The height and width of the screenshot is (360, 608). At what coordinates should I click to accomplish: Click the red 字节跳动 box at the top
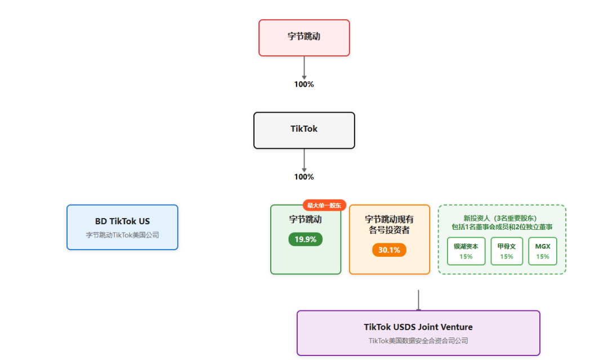click(304, 38)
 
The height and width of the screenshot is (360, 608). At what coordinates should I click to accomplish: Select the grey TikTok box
click(304, 130)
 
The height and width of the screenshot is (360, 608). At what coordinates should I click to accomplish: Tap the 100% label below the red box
click(304, 85)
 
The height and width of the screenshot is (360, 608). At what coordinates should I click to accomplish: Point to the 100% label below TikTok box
click(304, 177)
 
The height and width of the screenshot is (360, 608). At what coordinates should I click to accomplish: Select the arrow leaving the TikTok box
click(304, 160)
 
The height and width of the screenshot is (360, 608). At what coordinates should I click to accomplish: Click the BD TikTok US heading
click(122, 221)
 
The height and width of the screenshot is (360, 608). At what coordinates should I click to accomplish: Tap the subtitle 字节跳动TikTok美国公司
click(122, 235)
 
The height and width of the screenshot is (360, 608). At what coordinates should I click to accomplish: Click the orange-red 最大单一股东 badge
click(324, 205)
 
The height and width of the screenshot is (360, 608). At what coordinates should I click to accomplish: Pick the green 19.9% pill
click(306, 239)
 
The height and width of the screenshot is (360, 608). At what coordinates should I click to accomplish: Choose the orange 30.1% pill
click(389, 250)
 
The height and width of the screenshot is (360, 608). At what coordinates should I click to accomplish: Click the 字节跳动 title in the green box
click(306, 220)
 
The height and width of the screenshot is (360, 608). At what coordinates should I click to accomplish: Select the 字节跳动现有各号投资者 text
click(389, 225)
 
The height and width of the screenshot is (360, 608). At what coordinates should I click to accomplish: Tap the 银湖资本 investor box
click(466, 251)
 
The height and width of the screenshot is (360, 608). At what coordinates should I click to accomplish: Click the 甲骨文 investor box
click(507, 251)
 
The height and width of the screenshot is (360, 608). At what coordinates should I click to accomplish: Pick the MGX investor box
click(543, 251)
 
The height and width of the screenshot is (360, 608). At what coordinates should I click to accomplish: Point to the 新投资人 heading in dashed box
click(502, 222)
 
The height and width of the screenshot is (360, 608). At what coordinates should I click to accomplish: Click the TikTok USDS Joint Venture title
click(418, 327)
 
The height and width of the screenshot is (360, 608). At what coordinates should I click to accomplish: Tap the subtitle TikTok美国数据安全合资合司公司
click(418, 341)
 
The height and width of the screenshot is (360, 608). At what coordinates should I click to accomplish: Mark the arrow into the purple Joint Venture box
click(418, 300)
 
